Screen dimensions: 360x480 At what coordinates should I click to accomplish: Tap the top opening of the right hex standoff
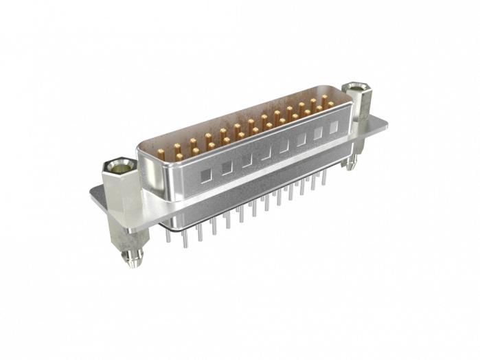356,87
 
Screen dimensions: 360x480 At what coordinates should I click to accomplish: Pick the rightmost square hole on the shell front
334,128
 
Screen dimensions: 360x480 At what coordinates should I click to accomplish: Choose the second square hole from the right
318,134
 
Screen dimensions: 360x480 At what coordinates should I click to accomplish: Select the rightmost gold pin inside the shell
330,103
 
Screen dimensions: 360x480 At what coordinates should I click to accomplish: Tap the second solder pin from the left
184,235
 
